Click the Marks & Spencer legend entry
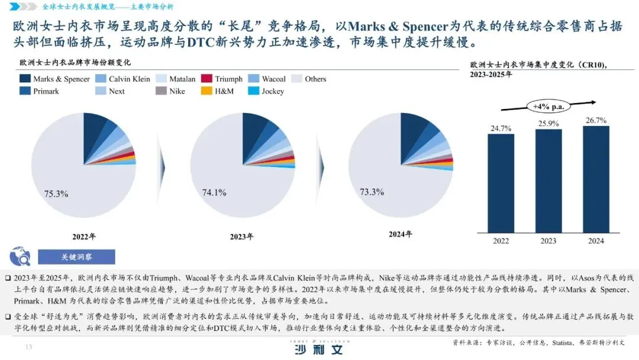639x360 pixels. coord(54,79)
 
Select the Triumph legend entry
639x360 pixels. coord(222,79)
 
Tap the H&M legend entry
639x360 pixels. coord(220,91)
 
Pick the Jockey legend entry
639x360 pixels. coord(266,91)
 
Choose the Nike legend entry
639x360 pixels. coord(170,91)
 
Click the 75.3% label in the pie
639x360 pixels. coord(56,194)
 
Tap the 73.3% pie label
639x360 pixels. coord(372,192)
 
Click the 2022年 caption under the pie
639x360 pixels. coord(83,236)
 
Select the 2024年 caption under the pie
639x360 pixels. coord(399,234)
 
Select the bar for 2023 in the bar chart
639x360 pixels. coord(548,180)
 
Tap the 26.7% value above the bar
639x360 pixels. coord(595,120)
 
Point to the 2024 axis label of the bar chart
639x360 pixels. coord(595,241)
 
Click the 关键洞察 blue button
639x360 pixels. coord(76,257)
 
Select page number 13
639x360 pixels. coord(27,346)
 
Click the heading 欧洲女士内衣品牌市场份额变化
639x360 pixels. coord(75,62)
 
